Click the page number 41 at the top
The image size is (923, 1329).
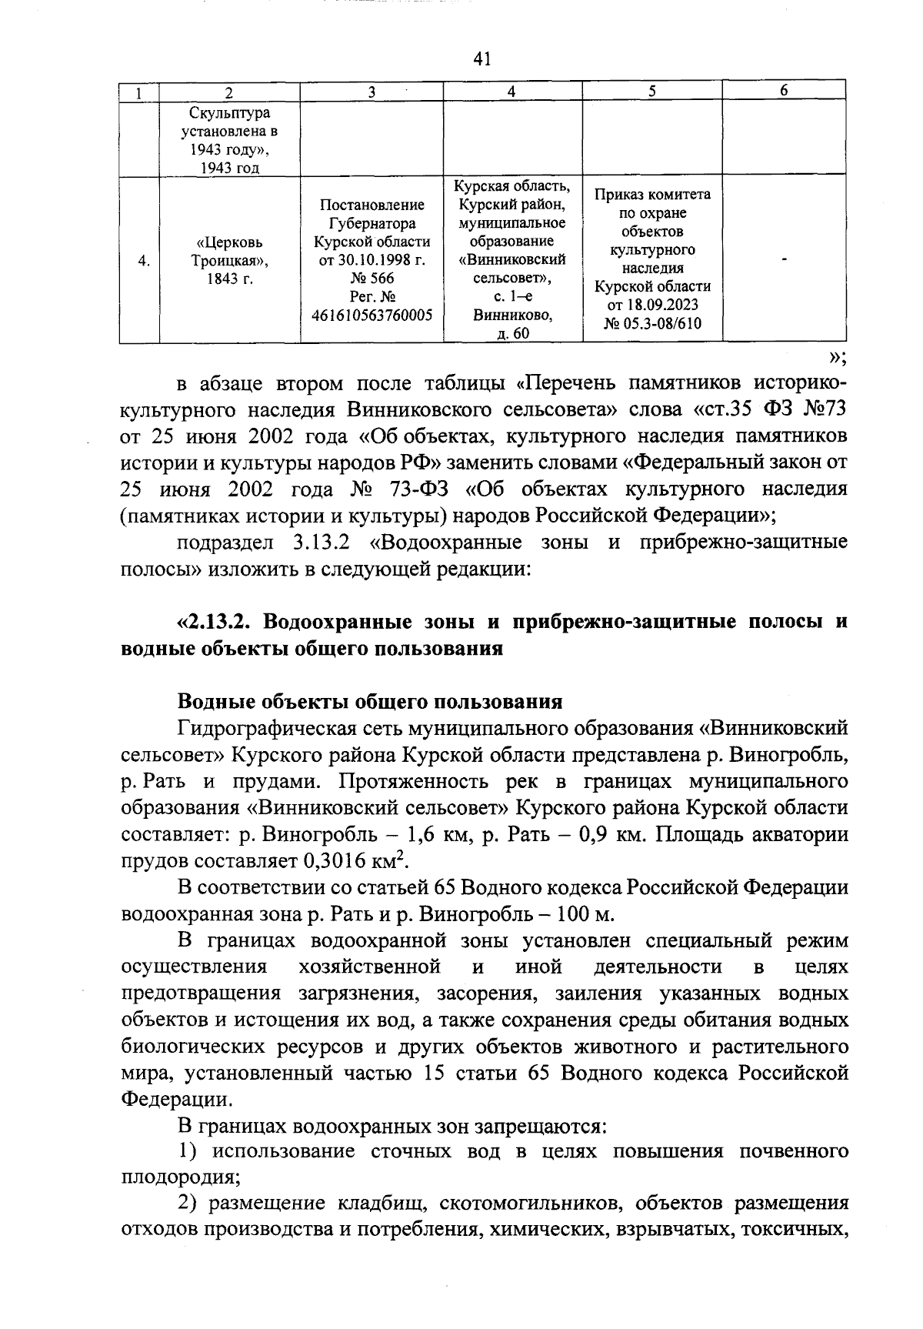coord(483,59)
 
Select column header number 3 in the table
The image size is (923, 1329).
coord(371,92)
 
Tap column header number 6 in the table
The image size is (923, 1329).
coord(784,91)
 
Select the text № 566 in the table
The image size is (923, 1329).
coord(372,279)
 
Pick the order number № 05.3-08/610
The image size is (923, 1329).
coord(652,324)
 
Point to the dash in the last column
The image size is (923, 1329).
coord(784,262)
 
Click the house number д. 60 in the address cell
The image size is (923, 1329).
coord(513,334)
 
